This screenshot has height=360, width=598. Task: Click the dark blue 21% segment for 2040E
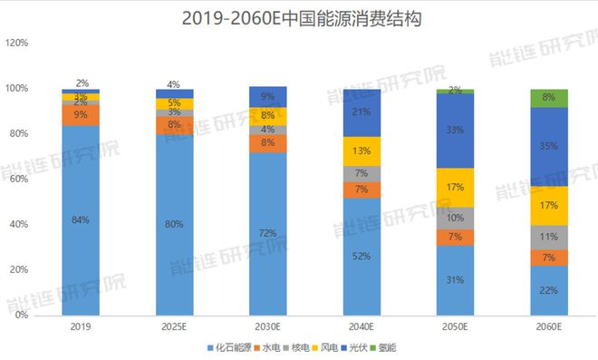362,112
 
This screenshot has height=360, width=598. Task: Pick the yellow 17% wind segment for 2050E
455,188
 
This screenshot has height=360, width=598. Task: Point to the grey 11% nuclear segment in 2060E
548,237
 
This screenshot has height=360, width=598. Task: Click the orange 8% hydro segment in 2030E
267,142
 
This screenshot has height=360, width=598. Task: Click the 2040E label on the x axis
362,326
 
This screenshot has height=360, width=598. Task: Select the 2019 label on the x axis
81,326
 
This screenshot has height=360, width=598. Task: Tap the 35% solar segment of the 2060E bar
548,146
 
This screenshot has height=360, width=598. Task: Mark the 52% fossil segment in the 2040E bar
362,256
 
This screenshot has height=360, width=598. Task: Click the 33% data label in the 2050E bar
455,130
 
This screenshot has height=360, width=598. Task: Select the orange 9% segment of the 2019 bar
81,115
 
